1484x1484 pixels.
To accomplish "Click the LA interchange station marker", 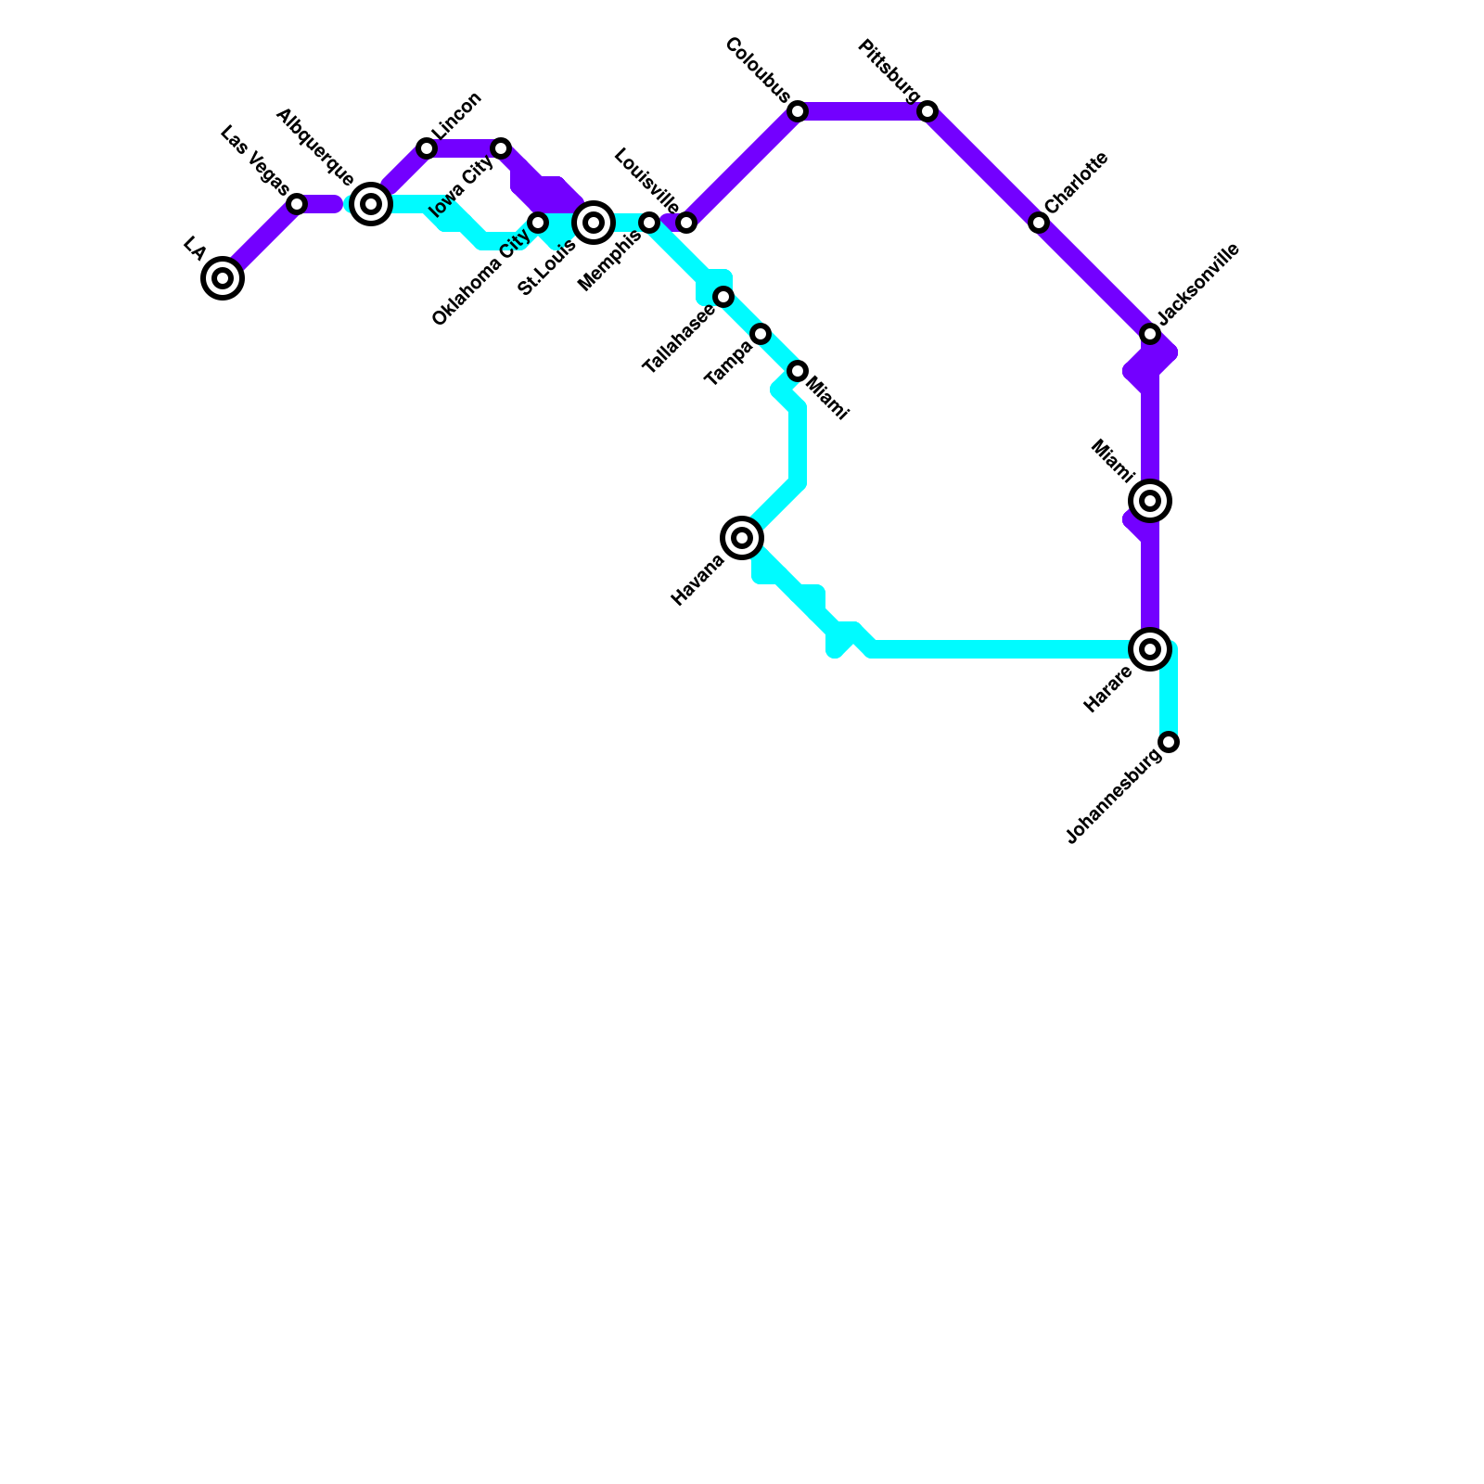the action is pos(223,278).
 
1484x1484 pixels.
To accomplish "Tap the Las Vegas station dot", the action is pos(297,204).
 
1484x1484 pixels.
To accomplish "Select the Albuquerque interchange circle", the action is pos(371,204).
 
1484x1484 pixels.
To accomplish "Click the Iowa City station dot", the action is pos(501,148).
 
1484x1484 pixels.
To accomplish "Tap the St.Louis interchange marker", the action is pos(594,223).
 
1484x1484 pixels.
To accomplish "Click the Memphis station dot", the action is pos(649,223).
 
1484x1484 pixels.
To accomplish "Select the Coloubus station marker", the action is pos(798,111).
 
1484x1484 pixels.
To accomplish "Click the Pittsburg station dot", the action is pos(927,111).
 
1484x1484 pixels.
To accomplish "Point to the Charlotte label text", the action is pos(1076,182).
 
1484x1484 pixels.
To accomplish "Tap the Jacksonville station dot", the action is pos(1150,334).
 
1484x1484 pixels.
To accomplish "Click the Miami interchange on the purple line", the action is pos(1150,501).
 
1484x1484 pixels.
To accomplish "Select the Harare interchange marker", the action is pos(1150,649).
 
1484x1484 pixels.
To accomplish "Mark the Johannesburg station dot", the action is pos(1170,742).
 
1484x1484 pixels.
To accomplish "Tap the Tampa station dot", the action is pos(761,334).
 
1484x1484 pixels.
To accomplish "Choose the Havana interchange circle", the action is pos(742,538).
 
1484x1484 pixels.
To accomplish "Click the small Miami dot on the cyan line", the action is pos(798,371).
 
